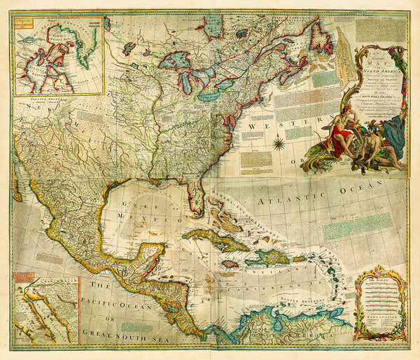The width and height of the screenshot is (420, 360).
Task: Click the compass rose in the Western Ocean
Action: pyautogui.click(x=279, y=144)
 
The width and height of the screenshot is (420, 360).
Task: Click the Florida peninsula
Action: pyautogui.click(x=199, y=198)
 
